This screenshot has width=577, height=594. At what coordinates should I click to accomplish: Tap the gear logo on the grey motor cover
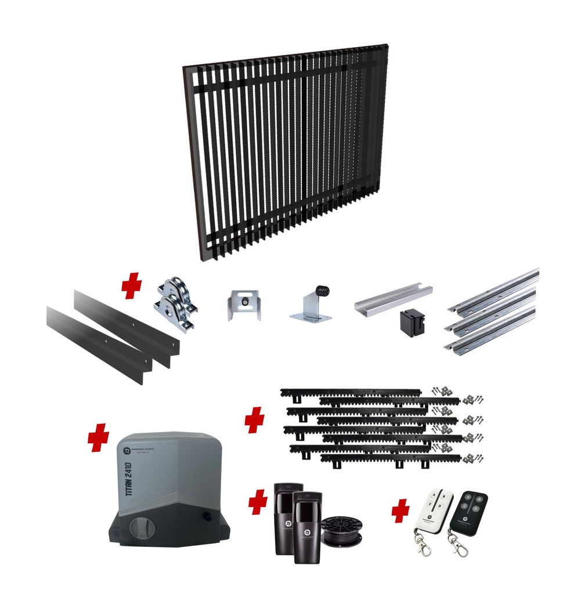[x=127, y=451]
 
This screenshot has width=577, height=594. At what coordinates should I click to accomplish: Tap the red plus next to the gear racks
[x=254, y=419]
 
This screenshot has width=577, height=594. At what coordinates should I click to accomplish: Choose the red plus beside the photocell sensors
[x=258, y=502]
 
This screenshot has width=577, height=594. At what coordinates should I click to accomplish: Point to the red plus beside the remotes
[x=400, y=512]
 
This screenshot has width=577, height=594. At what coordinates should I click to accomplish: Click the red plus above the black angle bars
[x=132, y=287]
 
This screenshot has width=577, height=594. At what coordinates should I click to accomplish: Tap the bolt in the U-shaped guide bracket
[x=244, y=302]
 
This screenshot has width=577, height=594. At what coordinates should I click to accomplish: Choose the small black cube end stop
[x=412, y=323]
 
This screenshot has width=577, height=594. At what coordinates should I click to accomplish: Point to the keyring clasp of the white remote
[x=423, y=545]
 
